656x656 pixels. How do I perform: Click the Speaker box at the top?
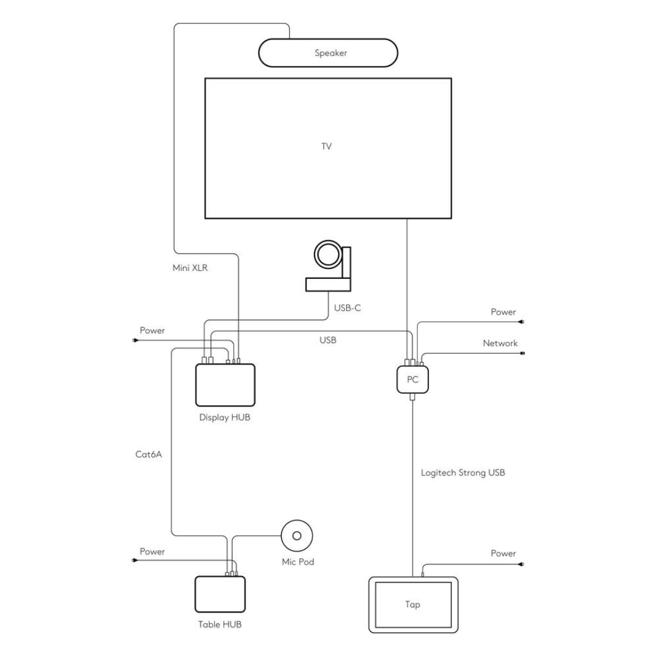[x=329, y=53]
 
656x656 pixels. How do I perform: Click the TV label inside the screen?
[x=327, y=146]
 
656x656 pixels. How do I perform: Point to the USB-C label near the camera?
[x=347, y=308]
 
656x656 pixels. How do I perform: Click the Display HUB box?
[x=225, y=384]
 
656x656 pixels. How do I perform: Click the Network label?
[x=500, y=343]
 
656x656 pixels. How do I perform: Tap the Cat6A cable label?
[x=148, y=454]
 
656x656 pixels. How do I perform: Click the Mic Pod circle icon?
[x=297, y=535]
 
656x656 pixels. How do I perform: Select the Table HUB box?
[x=220, y=594]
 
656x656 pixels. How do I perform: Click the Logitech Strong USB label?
[x=463, y=472]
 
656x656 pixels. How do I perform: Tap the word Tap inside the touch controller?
[x=412, y=604]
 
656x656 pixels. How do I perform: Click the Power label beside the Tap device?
[x=503, y=553]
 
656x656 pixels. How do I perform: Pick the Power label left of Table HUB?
[x=152, y=552]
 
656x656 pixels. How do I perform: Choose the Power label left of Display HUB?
[x=152, y=330]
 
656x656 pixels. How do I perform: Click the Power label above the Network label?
[x=503, y=312]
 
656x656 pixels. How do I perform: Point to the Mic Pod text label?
[x=298, y=562]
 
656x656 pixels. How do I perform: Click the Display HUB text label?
[x=225, y=417]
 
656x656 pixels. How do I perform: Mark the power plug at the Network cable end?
[x=523, y=353]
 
